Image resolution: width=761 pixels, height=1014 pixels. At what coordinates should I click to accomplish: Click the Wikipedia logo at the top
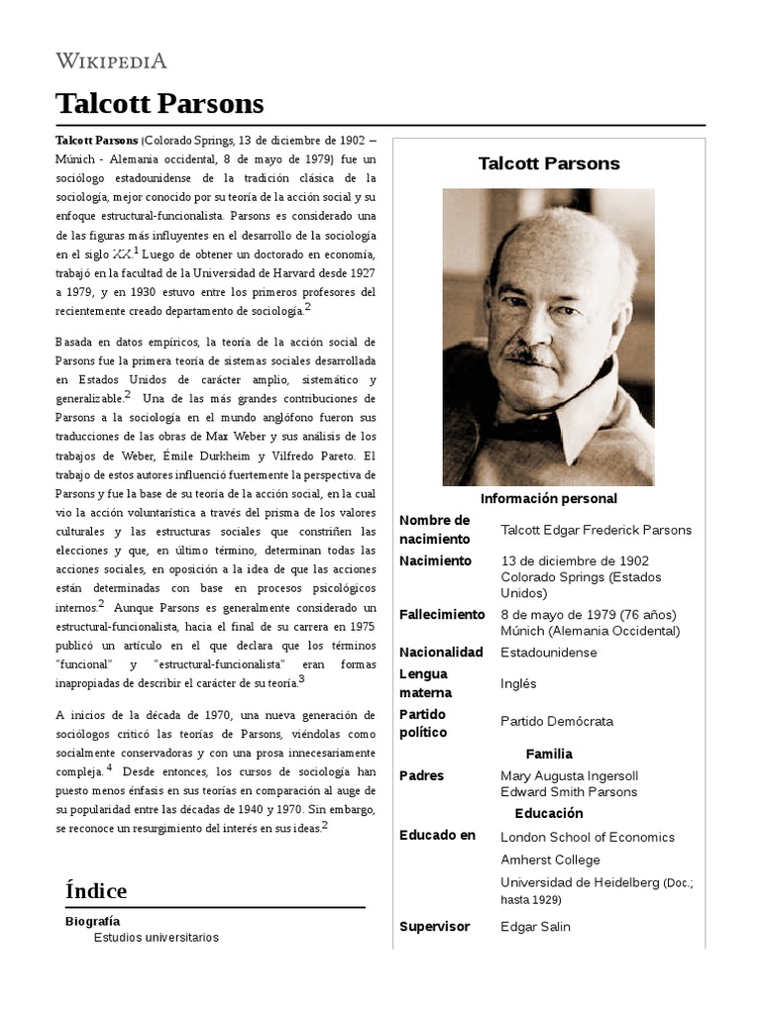click(x=111, y=60)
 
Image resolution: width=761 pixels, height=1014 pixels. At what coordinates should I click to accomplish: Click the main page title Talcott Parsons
click(x=160, y=104)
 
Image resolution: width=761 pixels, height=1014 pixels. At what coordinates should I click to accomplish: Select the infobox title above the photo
click(x=549, y=164)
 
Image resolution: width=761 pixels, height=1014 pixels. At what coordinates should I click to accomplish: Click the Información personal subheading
click(x=549, y=499)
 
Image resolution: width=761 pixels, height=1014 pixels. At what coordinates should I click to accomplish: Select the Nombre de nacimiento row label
click(x=434, y=530)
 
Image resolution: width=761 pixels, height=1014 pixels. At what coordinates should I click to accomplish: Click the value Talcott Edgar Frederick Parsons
click(x=597, y=530)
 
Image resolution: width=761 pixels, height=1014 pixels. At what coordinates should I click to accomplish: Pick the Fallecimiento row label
click(x=441, y=615)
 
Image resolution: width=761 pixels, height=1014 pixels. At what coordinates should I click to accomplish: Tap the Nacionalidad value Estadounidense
click(x=549, y=653)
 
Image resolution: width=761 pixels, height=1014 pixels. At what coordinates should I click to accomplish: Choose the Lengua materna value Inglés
click(x=518, y=683)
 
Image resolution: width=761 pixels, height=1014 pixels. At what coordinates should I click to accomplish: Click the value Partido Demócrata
click(x=557, y=722)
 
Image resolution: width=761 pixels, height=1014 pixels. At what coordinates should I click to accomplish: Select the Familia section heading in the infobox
click(x=549, y=754)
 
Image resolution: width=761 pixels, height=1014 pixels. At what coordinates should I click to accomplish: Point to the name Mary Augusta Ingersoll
click(x=569, y=775)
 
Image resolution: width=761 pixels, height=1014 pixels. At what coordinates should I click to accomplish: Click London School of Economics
click(x=588, y=837)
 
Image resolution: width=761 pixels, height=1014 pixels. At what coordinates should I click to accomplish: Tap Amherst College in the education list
click(x=551, y=860)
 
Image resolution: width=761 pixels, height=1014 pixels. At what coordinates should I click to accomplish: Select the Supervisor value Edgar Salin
click(x=535, y=927)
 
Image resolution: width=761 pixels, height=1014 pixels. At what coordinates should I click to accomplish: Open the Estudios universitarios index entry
click(x=157, y=938)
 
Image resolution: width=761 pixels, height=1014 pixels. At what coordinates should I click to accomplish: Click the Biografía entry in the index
click(x=92, y=921)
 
